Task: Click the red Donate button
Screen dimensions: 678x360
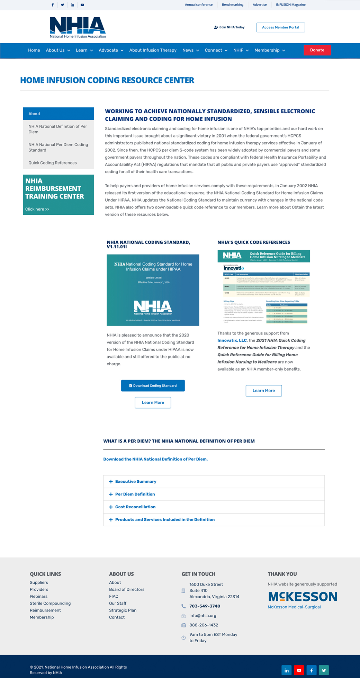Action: (x=317, y=50)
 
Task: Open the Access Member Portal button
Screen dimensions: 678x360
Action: (x=280, y=27)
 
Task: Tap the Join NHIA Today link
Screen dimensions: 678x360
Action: (x=229, y=27)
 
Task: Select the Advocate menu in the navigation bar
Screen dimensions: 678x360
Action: (x=111, y=51)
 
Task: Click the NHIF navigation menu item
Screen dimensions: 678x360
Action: (x=241, y=51)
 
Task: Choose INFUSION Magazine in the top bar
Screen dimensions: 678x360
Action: (x=290, y=5)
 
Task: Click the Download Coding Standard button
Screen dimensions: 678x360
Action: (x=153, y=386)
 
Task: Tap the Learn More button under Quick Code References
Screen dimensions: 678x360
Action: (x=263, y=391)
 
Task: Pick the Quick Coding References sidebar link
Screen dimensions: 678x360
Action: (x=53, y=163)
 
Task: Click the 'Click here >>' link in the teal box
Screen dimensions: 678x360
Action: (x=37, y=209)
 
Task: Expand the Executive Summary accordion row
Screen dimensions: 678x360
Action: (x=136, y=482)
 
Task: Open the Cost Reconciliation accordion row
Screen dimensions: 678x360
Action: (x=135, y=507)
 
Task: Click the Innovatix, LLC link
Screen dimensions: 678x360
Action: (x=232, y=340)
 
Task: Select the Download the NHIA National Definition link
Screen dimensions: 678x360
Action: (x=155, y=459)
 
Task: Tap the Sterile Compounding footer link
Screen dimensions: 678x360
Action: (x=50, y=603)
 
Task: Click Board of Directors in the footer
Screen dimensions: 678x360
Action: (x=127, y=589)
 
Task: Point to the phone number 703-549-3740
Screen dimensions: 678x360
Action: (x=205, y=606)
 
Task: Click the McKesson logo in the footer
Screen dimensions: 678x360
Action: (x=302, y=597)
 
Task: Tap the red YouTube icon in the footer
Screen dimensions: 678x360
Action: (x=299, y=670)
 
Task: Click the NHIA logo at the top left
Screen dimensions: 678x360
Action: (x=78, y=27)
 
